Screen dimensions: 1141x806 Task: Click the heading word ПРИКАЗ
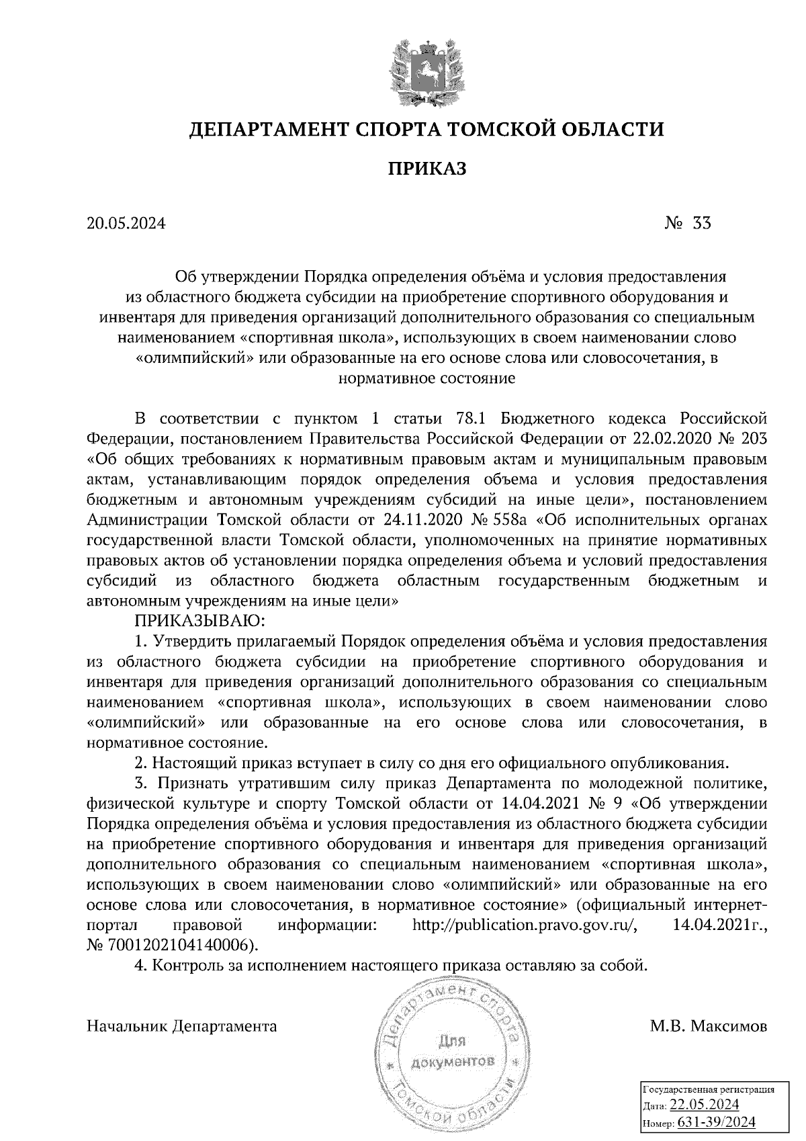click(x=425, y=169)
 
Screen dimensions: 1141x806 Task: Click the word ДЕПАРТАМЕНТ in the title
click(x=262, y=128)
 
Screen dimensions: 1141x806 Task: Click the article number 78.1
click(x=470, y=420)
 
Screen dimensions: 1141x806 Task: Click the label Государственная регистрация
click(x=709, y=1089)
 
